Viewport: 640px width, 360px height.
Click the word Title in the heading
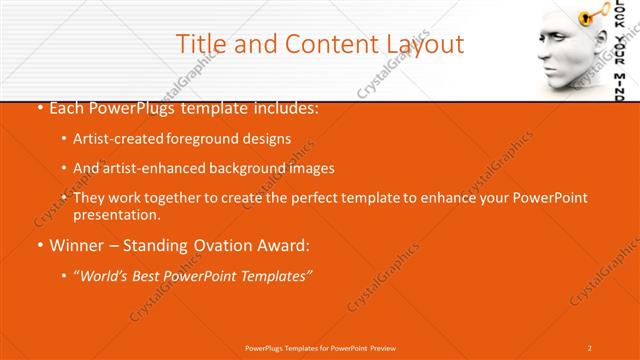200,44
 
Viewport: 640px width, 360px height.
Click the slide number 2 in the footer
590,347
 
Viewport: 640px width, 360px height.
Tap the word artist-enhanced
155,168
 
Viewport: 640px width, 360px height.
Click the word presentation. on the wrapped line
116,215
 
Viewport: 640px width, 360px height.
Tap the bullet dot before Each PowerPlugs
39,108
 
